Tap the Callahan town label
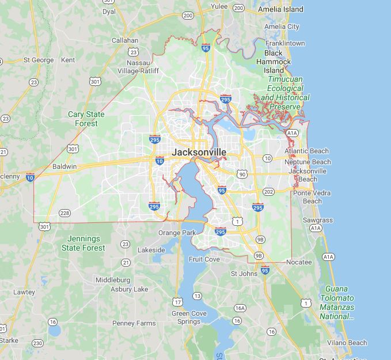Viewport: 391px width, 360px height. (125, 40)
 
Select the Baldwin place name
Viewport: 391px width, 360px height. (64, 166)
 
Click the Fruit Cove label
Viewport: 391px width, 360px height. (204, 259)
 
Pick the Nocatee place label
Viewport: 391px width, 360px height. (299, 262)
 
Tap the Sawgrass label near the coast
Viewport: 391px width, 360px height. (318, 220)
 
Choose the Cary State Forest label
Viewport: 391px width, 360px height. (86, 119)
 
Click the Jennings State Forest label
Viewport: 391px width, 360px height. (83, 243)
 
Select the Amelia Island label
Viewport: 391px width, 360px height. (280, 9)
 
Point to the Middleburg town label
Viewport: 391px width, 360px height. (113, 280)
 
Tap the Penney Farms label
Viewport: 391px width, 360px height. (134, 323)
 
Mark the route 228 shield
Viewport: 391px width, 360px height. (64, 213)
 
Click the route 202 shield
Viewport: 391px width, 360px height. (268, 191)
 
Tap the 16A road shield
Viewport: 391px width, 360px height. (240, 308)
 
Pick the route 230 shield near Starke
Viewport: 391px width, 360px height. (37, 343)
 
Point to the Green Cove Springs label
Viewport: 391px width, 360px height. (186, 317)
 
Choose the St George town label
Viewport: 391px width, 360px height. (39, 60)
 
